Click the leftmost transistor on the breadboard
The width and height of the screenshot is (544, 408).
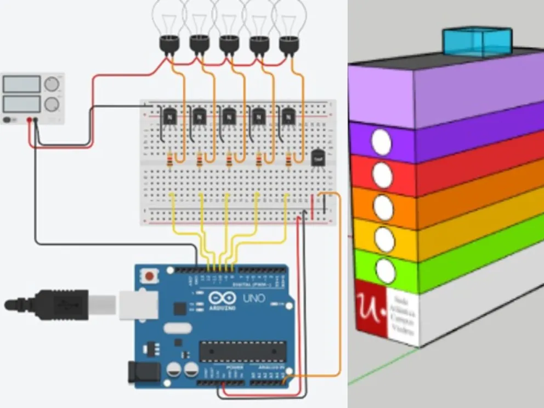coord(169,116)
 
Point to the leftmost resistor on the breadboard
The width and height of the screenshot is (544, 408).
coord(170,161)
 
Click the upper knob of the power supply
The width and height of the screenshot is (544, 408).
coord(52,84)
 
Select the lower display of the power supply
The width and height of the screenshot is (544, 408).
coord(22,103)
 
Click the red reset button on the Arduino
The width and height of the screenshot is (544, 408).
coord(149,275)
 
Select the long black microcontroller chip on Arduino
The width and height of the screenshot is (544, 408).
coord(242,352)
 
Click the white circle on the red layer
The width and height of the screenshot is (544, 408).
coord(382,174)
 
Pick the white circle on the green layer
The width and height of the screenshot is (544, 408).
coord(386,271)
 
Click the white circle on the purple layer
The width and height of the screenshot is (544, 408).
coord(381,142)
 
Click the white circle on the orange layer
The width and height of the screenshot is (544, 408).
coord(383,206)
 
